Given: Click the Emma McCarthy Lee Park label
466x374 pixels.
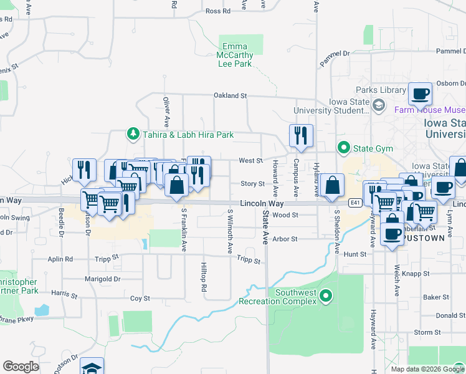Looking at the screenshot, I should (x=235, y=55).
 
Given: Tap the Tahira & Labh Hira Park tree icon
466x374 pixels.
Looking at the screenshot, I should (x=133, y=134).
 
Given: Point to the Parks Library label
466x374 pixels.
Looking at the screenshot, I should (x=381, y=90).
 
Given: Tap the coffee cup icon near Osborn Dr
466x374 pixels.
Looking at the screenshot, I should (x=420, y=93).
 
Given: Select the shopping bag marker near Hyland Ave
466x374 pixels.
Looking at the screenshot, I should (x=333, y=185).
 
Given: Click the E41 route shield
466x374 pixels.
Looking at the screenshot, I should (x=355, y=203).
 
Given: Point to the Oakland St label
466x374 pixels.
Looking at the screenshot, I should (x=231, y=96).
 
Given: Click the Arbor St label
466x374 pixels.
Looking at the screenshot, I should (x=285, y=239).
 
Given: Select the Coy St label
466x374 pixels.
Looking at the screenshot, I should (x=140, y=299).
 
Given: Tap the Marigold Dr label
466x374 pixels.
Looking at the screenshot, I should (x=102, y=279).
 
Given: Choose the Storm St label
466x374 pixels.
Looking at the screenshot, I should (x=427, y=332).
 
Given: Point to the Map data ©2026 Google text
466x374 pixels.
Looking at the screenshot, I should (x=427, y=369).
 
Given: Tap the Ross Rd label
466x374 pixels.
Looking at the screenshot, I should (x=218, y=11).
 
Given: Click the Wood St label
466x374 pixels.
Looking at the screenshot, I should (x=286, y=215).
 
